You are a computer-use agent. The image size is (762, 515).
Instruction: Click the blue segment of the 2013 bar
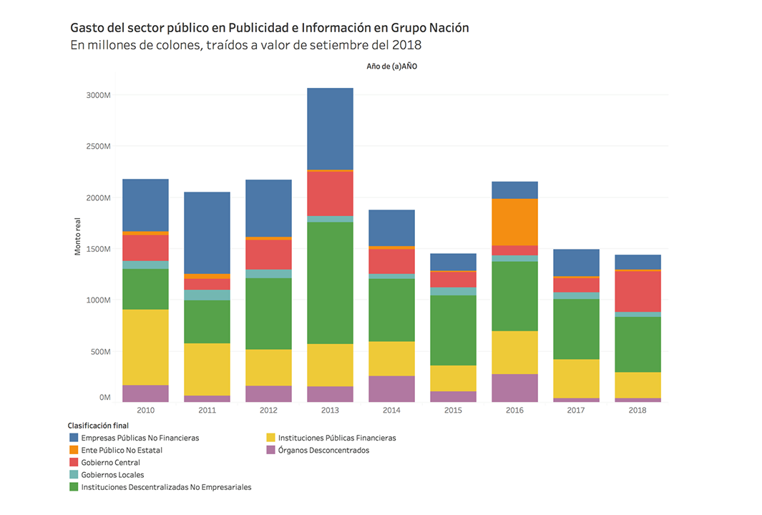click(330, 129)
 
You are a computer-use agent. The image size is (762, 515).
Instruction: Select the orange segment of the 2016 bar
click(514, 222)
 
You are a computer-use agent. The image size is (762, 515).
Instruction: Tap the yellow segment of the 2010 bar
click(145, 347)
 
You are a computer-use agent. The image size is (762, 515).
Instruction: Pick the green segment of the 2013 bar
click(330, 283)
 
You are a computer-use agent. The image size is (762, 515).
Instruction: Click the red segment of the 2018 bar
click(638, 291)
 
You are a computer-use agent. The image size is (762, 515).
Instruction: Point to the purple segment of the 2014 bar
click(391, 388)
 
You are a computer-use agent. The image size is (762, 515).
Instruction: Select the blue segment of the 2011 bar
click(206, 232)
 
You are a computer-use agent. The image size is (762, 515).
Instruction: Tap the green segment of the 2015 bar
click(453, 330)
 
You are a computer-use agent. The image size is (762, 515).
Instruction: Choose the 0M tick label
click(105, 397)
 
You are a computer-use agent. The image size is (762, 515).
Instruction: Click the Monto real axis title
click(78, 239)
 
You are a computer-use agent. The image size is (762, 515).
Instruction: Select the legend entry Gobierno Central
click(110, 463)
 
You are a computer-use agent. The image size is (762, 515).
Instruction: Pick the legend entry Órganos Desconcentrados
click(323, 451)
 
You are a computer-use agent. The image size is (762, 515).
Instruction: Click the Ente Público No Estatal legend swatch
click(74, 451)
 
